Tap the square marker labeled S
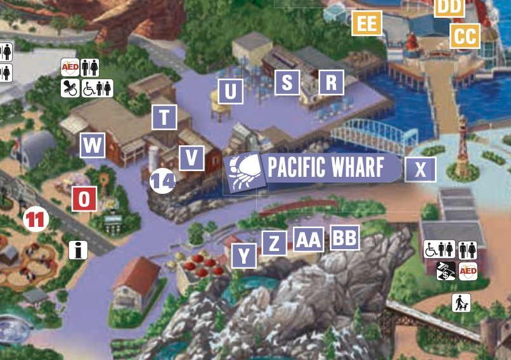tap(287, 82)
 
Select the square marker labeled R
tap(331, 82)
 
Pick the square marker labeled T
tap(165, 117)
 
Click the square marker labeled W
tap(93, 146)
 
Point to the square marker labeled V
tap(191, 158)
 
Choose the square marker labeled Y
tap(244, 256)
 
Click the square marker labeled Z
tap(274, 243)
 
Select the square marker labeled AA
tap(308, 240)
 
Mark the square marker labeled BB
tap(345, 238)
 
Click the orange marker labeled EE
tap(367, 23)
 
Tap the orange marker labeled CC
tap(465, 36)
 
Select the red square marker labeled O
tap(85, 200)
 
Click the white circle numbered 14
tap(162, 182)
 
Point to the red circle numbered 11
tap(36, 220)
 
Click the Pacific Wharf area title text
tap(326, 168)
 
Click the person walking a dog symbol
tap(462, 302)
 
